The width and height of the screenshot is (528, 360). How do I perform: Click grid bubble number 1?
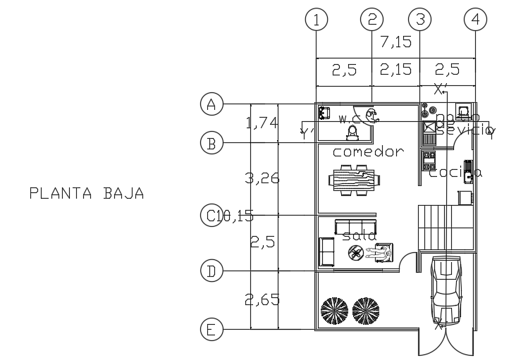317,20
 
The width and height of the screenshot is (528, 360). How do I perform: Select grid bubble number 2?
372,20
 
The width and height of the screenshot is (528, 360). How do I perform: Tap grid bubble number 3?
420,20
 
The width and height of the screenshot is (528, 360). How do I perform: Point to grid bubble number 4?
475,20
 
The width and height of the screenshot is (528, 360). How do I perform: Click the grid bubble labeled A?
211,104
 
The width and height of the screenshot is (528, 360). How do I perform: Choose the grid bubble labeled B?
211,144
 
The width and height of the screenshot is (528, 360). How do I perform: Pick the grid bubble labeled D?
211,270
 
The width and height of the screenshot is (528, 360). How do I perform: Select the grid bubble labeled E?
211,328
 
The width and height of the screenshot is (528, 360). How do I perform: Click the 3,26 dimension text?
262,178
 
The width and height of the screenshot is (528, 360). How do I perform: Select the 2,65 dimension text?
262,300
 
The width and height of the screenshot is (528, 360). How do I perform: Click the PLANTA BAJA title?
87,192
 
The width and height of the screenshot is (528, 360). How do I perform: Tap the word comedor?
368,151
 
